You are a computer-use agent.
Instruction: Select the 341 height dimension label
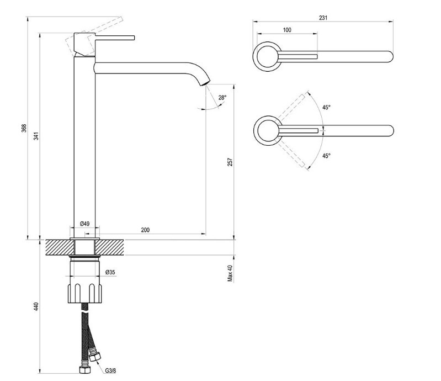pos(36,136)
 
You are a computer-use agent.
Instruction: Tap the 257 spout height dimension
pos(230,162)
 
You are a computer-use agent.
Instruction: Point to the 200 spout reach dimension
pos(145,230)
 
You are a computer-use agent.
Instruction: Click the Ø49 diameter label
pos(84,224)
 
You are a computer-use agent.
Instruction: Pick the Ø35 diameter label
pos(110,272)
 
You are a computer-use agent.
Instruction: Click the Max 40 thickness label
pos(230,273)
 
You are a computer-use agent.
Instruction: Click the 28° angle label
pos(222,98)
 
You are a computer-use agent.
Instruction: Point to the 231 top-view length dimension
pos(323,18)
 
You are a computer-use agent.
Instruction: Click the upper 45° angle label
pos(327,107)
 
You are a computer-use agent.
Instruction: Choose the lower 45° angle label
pos(327,156)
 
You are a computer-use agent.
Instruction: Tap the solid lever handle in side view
pos(115,38)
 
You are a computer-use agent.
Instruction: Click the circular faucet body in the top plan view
pos(267,56)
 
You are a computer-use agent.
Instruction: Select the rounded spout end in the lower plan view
pos(389,131)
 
